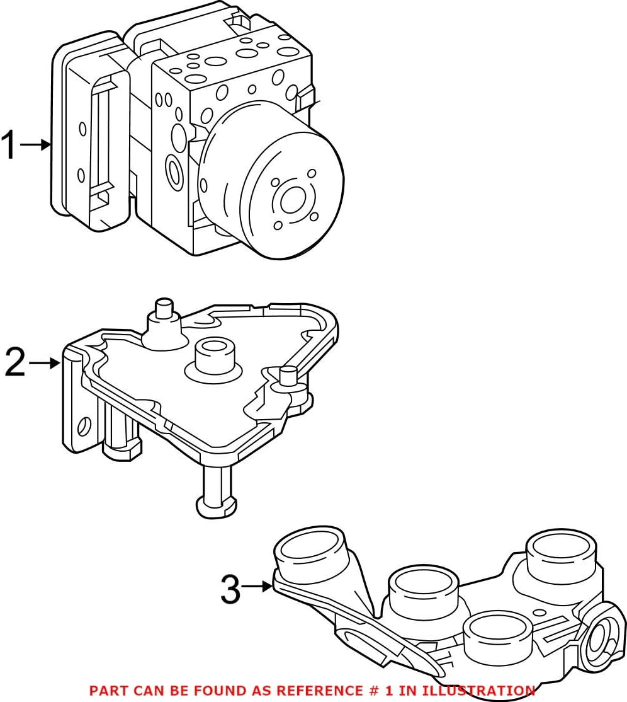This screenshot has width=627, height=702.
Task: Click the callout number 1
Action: pos(9,145)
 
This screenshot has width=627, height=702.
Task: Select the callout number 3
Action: pos(230,589)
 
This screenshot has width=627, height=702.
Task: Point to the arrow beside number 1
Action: pos(36,145)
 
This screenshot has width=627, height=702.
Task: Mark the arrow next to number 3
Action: pos(257,587)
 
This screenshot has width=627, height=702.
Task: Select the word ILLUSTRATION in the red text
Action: pos(482,691)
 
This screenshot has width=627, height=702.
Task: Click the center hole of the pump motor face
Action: pos(293,201)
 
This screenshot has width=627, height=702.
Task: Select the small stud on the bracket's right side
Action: pos(288,377)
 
